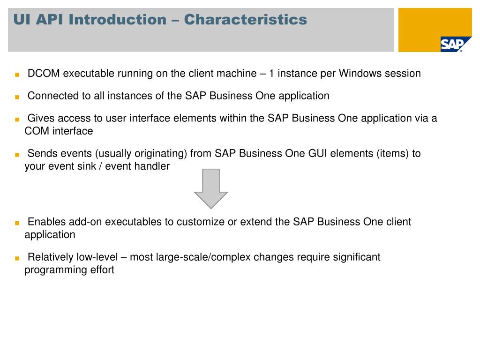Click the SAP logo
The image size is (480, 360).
click(452, 44)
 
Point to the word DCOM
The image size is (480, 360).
click(44, 74)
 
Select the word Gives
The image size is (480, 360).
click(40, 118)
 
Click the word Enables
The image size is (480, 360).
click(46, 222)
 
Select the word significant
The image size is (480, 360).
click(356, 257)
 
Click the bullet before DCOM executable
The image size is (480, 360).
click(16, 75)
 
